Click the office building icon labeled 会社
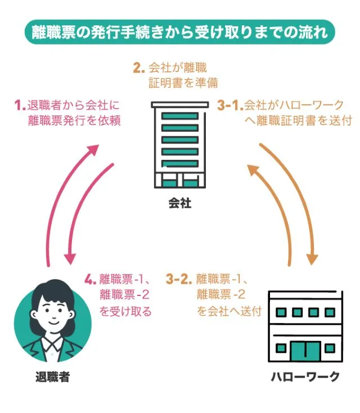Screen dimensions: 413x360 pos(179,146)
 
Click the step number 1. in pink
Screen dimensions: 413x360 pos(21,105)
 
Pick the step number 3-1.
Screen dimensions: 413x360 pos(230,105)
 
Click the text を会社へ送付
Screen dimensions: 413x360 pos(229,311)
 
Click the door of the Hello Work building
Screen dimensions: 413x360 pos(304,351)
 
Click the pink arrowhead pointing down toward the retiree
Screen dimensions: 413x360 pos(70,259)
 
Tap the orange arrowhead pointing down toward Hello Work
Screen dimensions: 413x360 pos(312,258)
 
